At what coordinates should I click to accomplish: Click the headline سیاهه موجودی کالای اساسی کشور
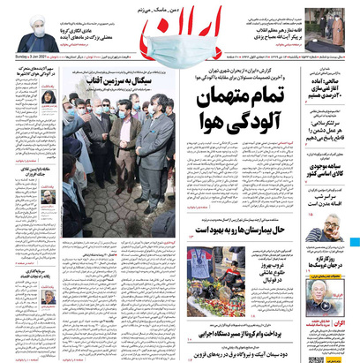[x=330, y=168]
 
